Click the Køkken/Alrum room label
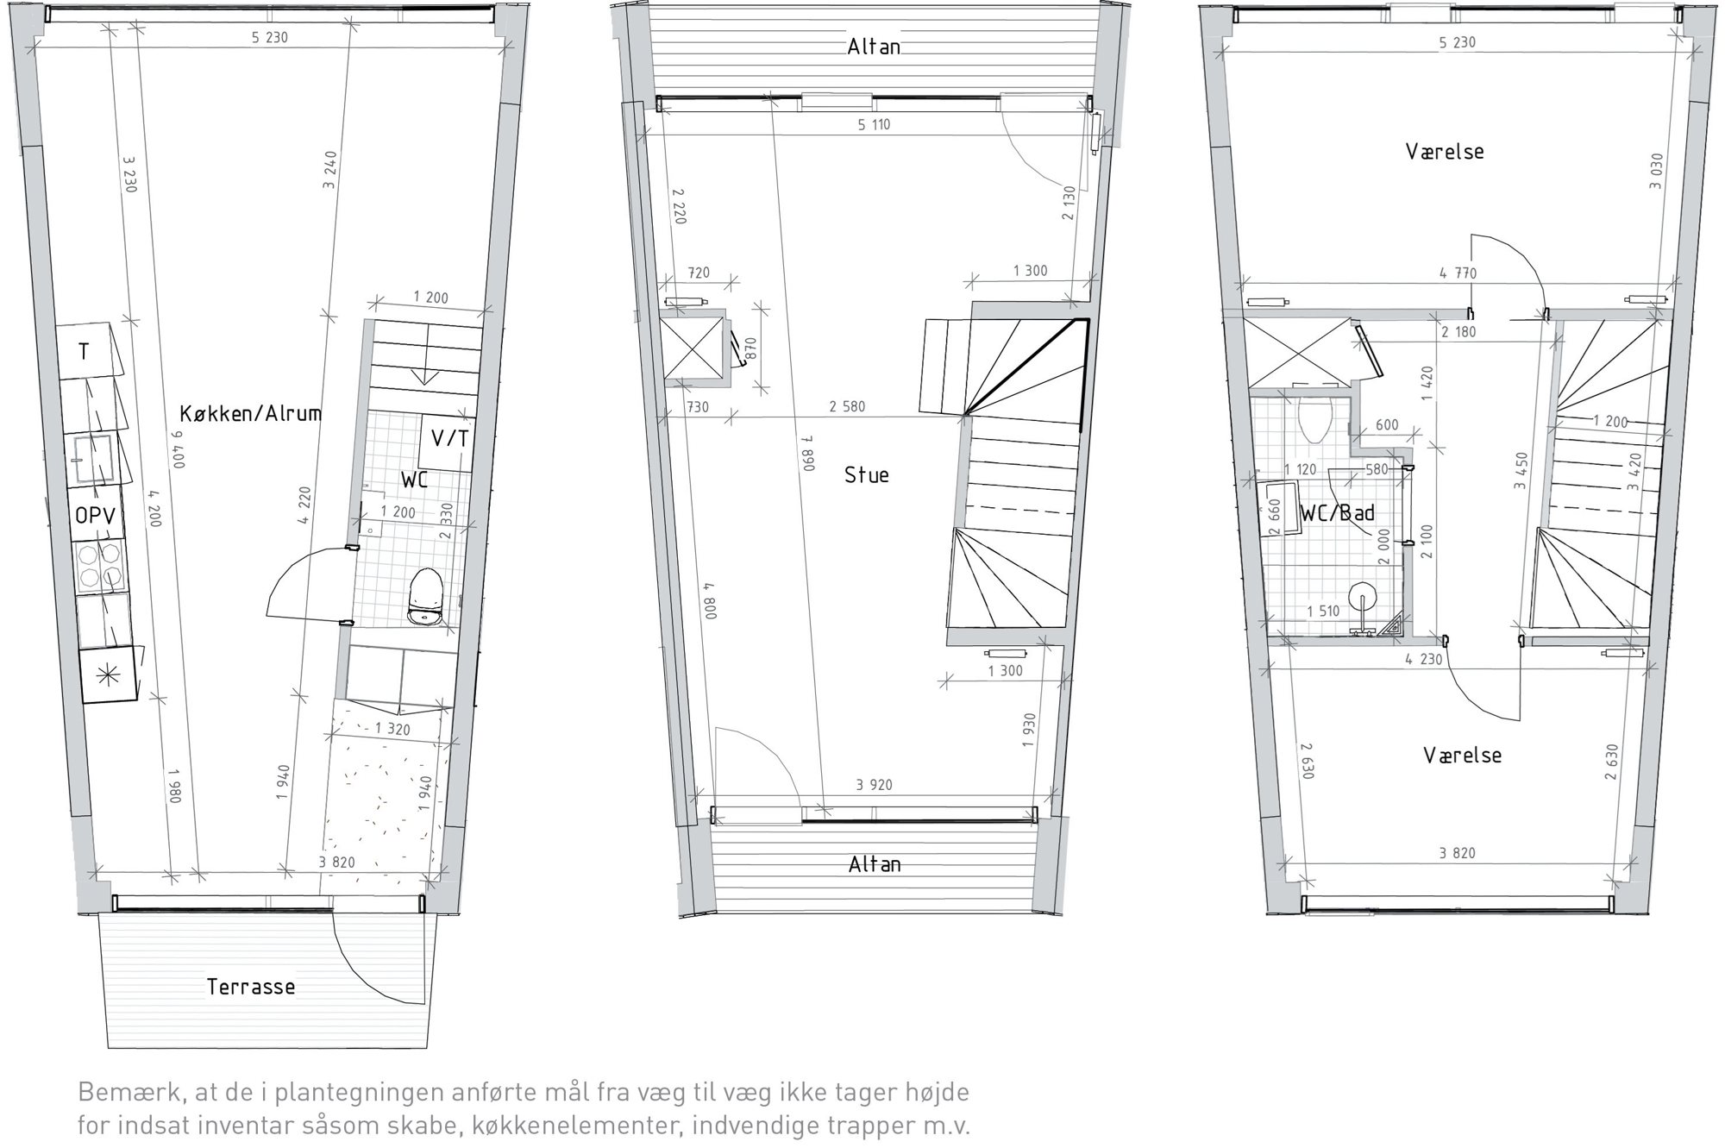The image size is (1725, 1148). click(x=250, y=413)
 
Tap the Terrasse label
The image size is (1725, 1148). click(x=251, y=987)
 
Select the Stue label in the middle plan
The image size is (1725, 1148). click(x=866, y=475)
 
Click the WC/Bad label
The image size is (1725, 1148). click(x=1338, y=513)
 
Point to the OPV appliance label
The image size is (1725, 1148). click(x=95, y=516)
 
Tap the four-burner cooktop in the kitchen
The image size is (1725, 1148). click(x=100, y=566)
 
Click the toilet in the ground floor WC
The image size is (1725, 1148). click(x=424, y=596)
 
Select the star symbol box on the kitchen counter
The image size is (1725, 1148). click(x=109, y=676)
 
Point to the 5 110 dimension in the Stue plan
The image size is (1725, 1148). click(x=874, y=125)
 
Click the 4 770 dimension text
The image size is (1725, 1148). click(x=1458, y=274)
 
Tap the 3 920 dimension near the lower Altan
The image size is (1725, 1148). click(x=875, y=786)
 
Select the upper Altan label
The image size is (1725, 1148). click(x=874, y=47)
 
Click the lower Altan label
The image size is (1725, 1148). click(x=875, y=864)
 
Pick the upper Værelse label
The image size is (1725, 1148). click(x=1445, y=152)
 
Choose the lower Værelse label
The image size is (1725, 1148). click(x=1462, y=756)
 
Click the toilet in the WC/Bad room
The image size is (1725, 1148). click(x=1315, y=420)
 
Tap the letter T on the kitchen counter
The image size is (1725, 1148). click(x=84, y=352)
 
